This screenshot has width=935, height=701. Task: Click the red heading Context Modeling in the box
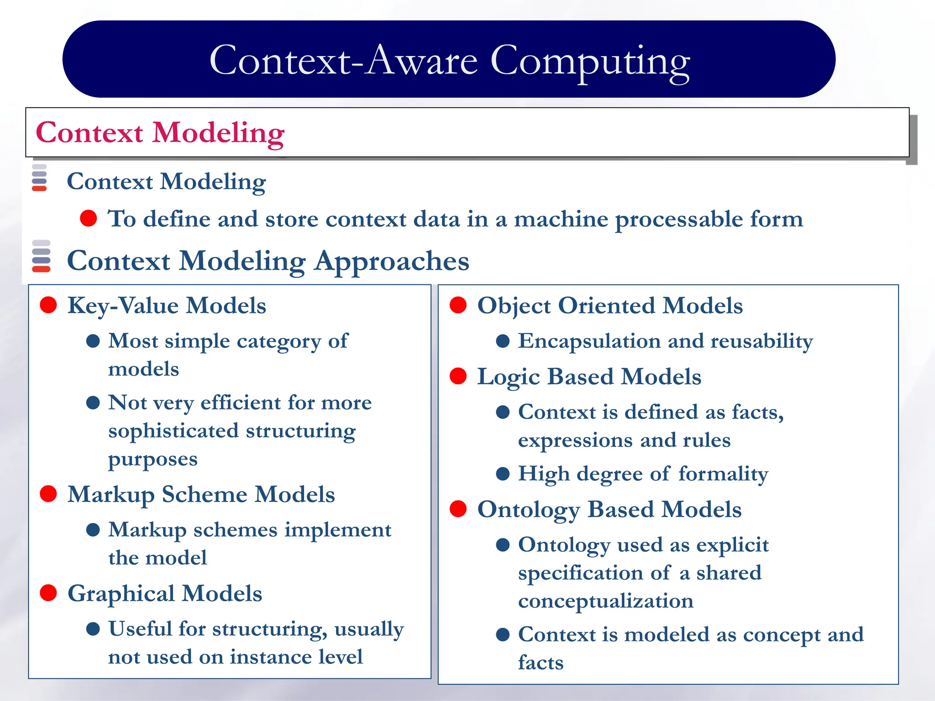pos(160,133)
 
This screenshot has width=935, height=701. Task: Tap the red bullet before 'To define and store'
pos(88,218)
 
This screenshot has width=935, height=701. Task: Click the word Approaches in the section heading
pos(391,261)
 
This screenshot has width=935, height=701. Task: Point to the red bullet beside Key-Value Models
pos(48,305)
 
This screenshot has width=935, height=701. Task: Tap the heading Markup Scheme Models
pos(201,494)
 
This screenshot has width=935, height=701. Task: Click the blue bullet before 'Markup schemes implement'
pos(93,529)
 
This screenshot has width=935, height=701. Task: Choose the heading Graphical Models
pos(164,593)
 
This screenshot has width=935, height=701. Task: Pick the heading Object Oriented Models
pos(609,305)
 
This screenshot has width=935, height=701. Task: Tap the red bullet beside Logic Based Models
pos(458,377)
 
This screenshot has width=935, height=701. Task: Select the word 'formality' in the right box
pos(723,474)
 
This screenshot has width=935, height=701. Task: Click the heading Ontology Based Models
pos(609,509)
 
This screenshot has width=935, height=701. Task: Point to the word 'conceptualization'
pos(605,601)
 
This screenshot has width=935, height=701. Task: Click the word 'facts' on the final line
pos(541,663)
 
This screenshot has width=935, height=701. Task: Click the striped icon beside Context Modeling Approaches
pos(41,256)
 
